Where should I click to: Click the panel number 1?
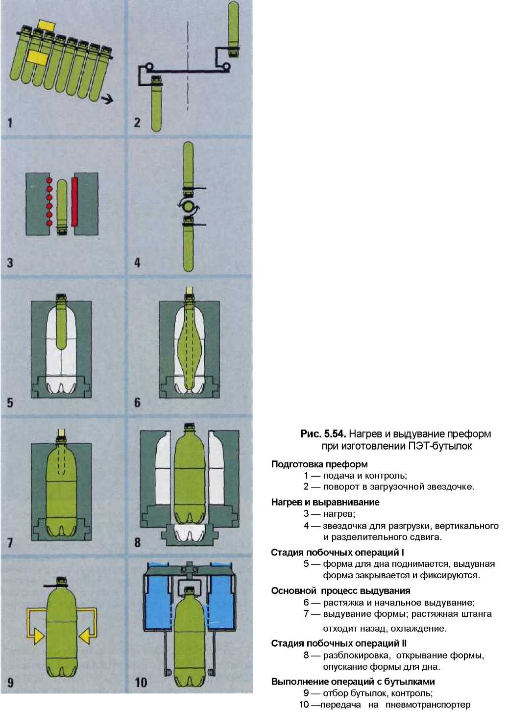pos(9,123)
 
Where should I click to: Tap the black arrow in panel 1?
pos(106,99)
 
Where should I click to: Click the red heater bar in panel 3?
pos(74,202)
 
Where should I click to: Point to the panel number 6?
pos(137,403)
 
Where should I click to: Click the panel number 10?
pos(141,682)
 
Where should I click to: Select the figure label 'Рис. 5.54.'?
pos(323,434)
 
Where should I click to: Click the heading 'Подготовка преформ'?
pos(319,464)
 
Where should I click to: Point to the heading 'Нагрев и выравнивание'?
pos(325,502)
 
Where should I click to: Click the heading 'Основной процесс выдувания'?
pos(340,591)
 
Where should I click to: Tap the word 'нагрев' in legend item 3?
pos(338,514)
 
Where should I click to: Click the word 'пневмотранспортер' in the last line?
pos(428,705)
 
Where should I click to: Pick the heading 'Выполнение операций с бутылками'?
pos(353,682)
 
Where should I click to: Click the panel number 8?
pos(137,542)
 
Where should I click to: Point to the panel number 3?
pos(10,263)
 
